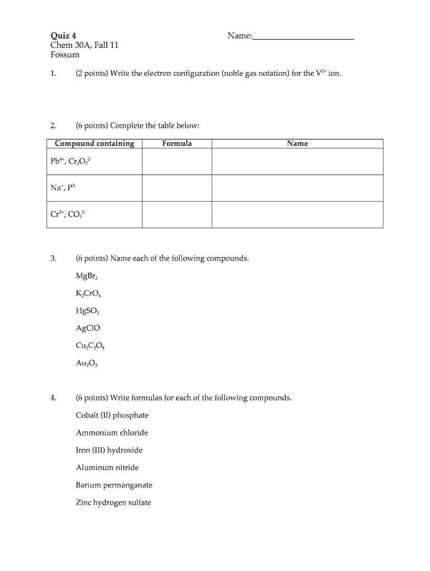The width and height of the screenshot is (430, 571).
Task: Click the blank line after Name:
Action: point(303,37)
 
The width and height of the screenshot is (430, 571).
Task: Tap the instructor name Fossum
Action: point(65,55)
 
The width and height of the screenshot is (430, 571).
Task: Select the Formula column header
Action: point(177,144)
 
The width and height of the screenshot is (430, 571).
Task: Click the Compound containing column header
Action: point(94,144)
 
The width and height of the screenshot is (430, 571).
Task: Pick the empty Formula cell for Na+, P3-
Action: point(177,188)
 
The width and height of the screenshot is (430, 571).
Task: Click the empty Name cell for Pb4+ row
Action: point(297,162)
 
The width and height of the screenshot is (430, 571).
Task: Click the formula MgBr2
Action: point(87,276)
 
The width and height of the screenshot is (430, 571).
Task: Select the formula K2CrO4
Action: point(88,294)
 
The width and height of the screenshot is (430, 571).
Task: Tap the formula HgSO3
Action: point(87,311)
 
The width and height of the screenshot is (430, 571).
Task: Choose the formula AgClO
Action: point(88,328)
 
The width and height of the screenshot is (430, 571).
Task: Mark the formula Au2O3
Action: point(87,363)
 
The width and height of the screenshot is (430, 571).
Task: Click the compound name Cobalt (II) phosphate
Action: point(112,415)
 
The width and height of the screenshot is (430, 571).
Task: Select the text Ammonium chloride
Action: point(112,433)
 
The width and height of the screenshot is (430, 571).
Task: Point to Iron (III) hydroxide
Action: point(109,450)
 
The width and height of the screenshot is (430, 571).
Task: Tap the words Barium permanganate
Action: point(114,485)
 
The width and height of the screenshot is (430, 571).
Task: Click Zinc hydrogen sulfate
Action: point(113,502)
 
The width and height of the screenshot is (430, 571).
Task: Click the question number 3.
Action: point(53,259)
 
